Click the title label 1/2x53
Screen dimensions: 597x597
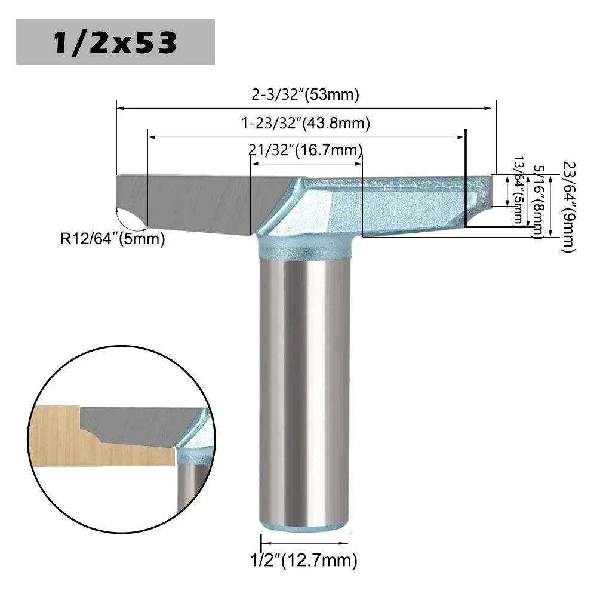tap(115, 42)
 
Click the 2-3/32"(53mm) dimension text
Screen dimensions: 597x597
tap(305, 95)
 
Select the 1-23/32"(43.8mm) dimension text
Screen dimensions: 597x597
tap(305, 124)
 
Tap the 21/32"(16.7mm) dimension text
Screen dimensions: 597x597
tap(305, 149)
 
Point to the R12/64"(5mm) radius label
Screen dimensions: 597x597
tap(112, 239)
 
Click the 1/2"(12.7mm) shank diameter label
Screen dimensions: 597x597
tap(305, 560)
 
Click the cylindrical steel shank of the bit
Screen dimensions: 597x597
tap(305, 382)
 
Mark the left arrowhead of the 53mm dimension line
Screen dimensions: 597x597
tap(120, 108)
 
